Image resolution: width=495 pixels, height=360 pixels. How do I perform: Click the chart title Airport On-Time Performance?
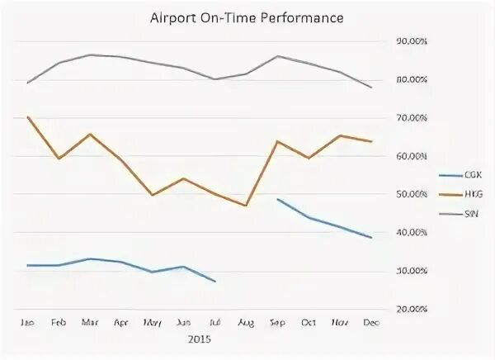[x=247, y=17]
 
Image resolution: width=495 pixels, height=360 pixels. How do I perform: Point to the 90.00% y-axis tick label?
[x=412, y=41]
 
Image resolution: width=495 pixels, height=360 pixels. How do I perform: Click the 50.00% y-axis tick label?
[x=412, y=194]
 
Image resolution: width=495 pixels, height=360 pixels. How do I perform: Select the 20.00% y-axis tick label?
[x=412, y=309]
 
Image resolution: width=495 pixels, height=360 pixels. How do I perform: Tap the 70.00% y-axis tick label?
[x=412, y=118]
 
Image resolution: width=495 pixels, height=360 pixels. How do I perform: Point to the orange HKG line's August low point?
[x=246, y=205]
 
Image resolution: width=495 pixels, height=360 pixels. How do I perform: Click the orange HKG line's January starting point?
[x=28, y=117]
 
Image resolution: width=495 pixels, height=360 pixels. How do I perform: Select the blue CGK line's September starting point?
[x=277, y=199]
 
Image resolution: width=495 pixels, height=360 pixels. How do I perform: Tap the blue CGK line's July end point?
[x=214, y=282]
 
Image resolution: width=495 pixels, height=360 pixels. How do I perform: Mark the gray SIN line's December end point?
[x=371, y=88]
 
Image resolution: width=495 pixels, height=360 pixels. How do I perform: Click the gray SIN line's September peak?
[x=277, y=56]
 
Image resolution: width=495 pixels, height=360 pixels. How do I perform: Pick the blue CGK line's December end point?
[x=371, y=238]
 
